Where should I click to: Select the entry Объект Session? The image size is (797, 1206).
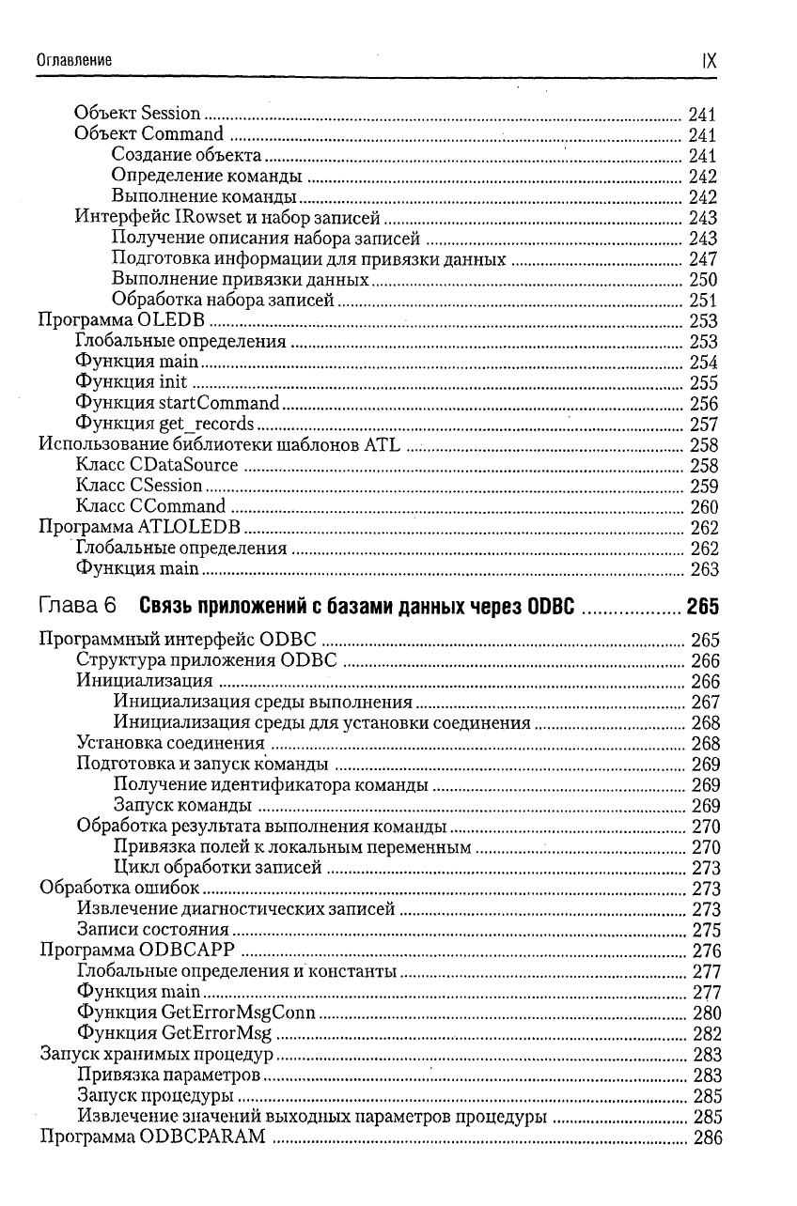tap(137, 115)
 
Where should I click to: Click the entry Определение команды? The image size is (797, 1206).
tap(206, 177)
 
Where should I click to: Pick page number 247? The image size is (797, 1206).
tap(703, 259)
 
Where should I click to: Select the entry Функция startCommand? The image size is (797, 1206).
tap(177, 404)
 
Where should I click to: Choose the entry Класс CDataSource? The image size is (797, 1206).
tap(156, 466)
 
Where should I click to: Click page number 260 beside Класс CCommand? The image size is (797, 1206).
tap(703, 507)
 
